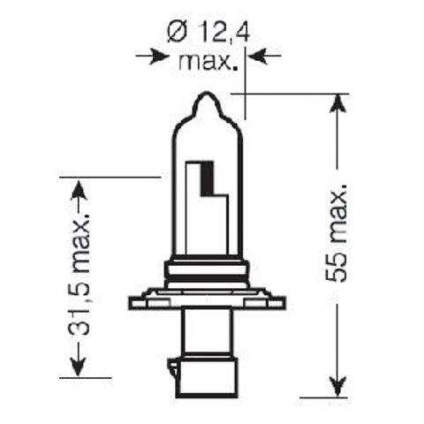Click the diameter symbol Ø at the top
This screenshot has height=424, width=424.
coord(174,34)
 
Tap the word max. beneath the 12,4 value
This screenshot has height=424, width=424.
coord(208,62)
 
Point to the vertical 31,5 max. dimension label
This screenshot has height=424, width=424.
coord(82,278)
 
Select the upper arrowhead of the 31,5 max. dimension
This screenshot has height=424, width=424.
coord(79,188)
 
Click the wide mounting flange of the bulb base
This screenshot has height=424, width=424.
coord(208,301)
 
